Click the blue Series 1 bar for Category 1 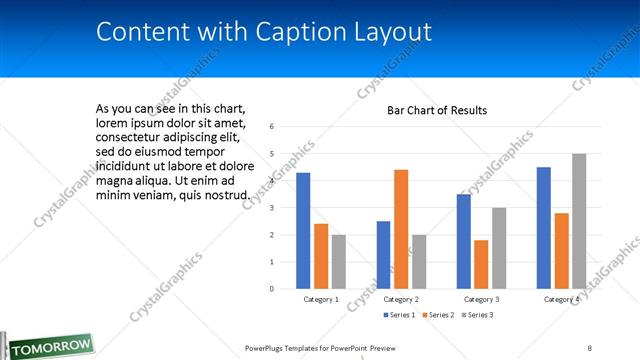coord(303,231)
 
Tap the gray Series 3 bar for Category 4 coord(579,221)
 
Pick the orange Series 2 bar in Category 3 coord(481,264)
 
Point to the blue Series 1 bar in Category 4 coord(544,228)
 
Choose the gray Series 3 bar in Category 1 coord(339,262)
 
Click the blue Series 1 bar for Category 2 coord(383,255)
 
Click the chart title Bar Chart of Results coord(437,110)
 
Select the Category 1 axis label coord(321,299)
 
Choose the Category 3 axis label coord(481,299)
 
